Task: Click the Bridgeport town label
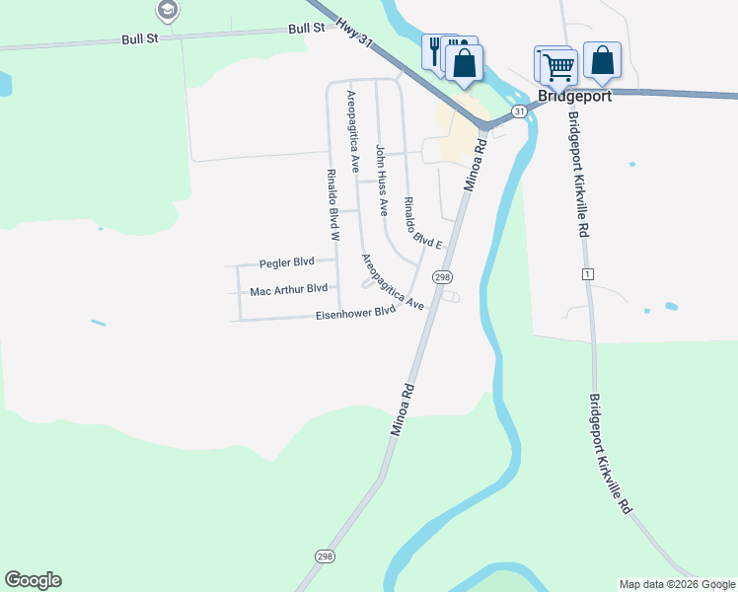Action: [575, 97]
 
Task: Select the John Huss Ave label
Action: [381, 181]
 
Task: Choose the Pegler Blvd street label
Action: [286, 263]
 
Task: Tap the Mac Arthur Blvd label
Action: [288, 289]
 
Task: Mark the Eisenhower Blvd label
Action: [354, 313]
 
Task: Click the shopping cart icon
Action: [558, 66]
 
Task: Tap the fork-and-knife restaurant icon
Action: [436, 51]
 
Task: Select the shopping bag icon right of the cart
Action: [602, 60]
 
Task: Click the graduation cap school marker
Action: [168, 11]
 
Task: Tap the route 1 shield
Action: [588, 273]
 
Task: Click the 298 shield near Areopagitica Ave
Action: [443, 277]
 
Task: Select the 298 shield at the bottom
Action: [326, 557]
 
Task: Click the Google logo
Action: [33, 580]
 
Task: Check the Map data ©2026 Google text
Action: [677, 584]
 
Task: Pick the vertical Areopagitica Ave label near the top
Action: [352, 120]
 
